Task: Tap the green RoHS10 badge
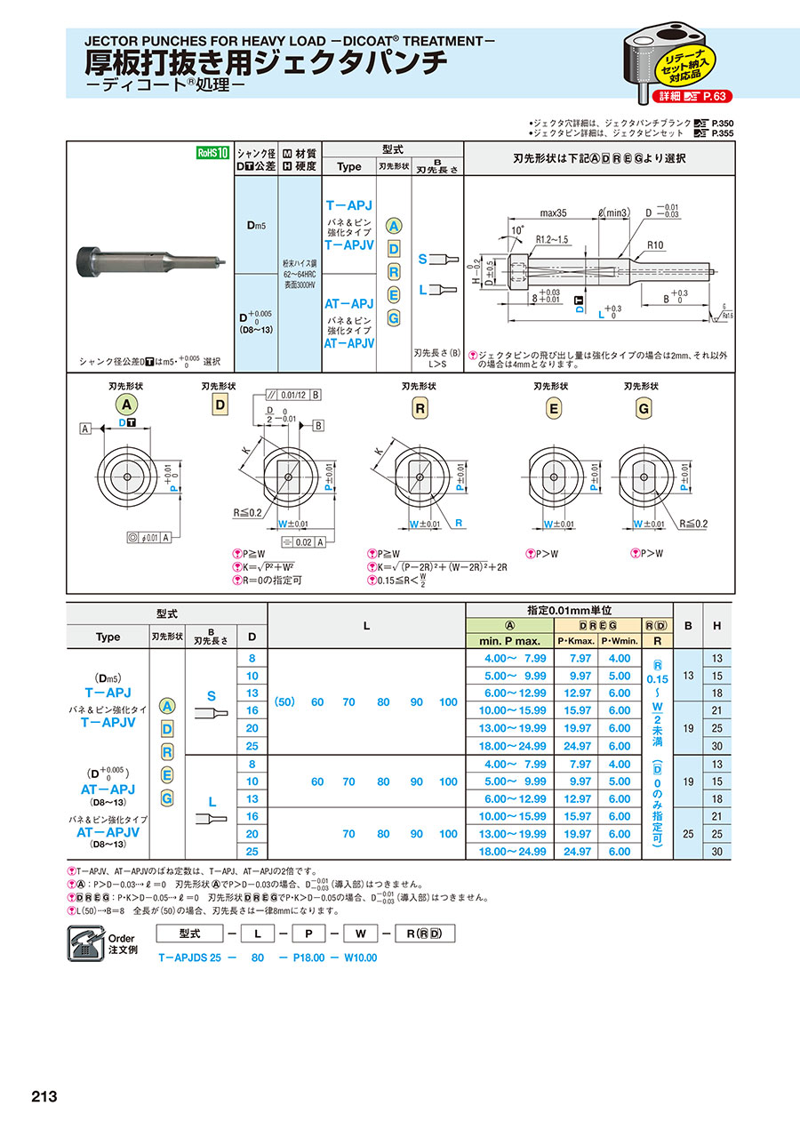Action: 213,153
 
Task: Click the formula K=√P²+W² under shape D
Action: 267,567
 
